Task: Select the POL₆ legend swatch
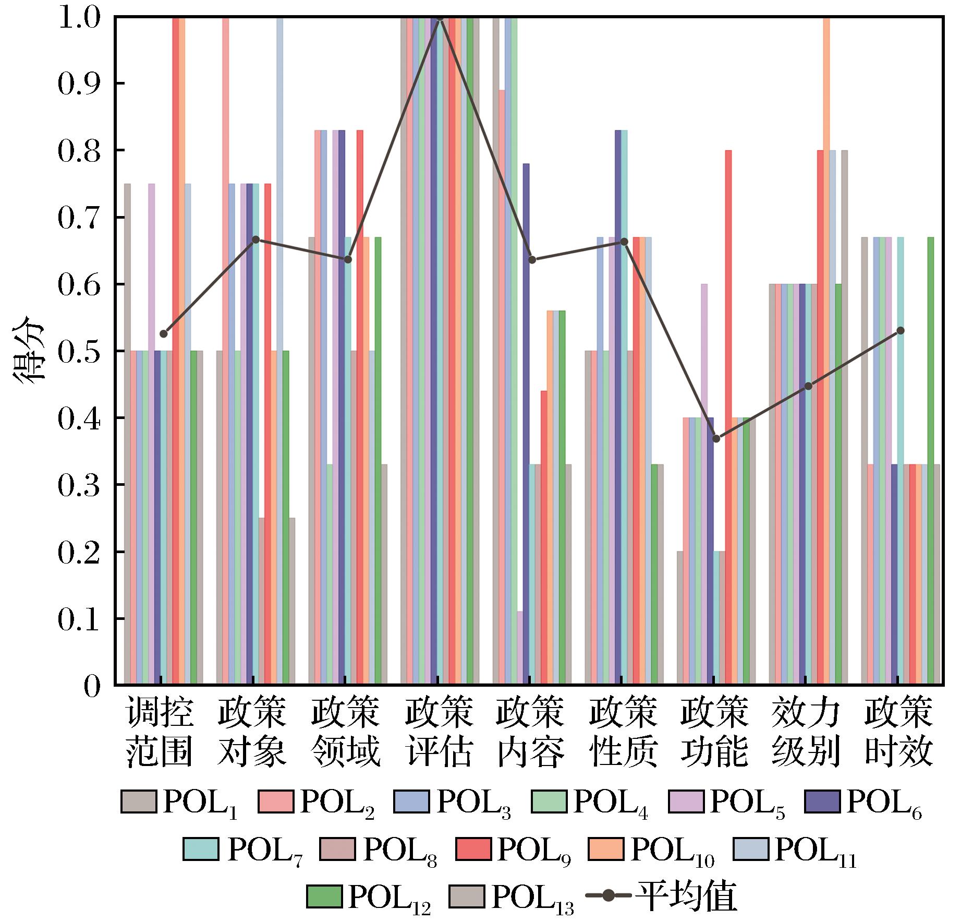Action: [822, 800]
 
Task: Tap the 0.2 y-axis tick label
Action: [78, 552]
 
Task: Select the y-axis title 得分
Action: [29, 351]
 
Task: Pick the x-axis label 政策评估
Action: [439, 733]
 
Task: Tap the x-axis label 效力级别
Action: [806, 733]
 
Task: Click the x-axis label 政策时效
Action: [898, 733]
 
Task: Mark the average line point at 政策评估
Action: [440, 17]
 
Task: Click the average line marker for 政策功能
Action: [716, 438]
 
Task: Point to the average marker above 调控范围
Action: [164, 333]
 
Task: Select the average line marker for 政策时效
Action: [900, 330]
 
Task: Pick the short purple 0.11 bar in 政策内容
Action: [520, 647]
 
